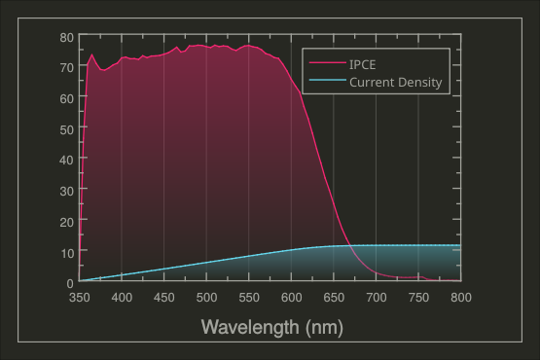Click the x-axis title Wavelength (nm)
coord(271,327)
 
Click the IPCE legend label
coord(363,65)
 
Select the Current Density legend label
coord(396,83)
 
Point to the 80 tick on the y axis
coord(67,37)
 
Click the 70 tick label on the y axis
coord(67,67)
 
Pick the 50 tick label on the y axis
coord(67,129)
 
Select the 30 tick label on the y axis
coord(67,191)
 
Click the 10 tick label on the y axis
coord(67,252)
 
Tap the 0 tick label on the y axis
coord(70,283)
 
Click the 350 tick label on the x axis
coord(79,298)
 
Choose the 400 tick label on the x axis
coord(122,298)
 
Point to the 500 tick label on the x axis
coord(206,298)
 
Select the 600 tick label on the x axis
coord(291,298)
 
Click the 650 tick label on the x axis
coord(334,298)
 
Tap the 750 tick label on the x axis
coord(418,298)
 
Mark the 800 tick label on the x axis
coord(461,298)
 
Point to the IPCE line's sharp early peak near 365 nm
coord(92,54)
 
